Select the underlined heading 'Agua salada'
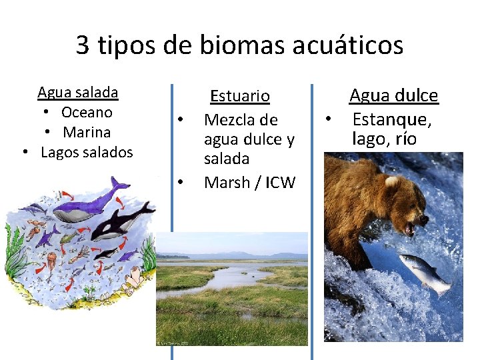(78, 92)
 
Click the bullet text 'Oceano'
(87, 112)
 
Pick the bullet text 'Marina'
(87, 132)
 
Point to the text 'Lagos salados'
(87, 152)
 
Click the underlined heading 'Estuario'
(240, 97)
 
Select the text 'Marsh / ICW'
(249, 182)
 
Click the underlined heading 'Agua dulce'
(393, 96)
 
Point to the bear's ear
(391, 180)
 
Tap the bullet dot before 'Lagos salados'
(25, 152)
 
